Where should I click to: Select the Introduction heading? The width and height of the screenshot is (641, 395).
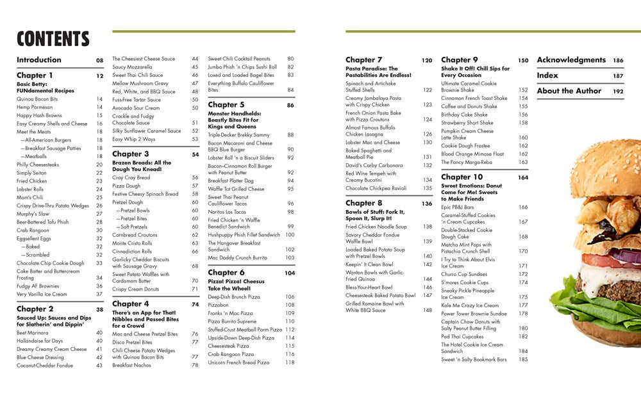[x=39, y=60]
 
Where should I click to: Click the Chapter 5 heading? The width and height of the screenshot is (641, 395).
[x=226, y=105]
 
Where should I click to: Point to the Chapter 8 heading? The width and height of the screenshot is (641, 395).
[x=363, y=204]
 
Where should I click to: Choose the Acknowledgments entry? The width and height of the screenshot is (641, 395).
[x=571, y=60]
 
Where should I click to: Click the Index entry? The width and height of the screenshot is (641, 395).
[x=547, y=76]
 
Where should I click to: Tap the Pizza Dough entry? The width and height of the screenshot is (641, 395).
[x=128, y=186]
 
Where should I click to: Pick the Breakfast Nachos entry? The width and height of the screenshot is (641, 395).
[x=131, y=366]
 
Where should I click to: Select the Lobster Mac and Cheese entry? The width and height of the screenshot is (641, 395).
[x=372, y=143]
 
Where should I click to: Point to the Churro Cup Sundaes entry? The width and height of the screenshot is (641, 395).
[x=465, y=274]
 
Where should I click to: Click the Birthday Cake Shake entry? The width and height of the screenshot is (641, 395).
[x=464, y=115]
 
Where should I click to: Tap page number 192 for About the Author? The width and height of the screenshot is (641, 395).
[x=618, y=91]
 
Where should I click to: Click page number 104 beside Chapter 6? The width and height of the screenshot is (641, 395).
[x=290, y=273]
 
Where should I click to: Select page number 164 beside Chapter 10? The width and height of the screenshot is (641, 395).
[x=523, y=177]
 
